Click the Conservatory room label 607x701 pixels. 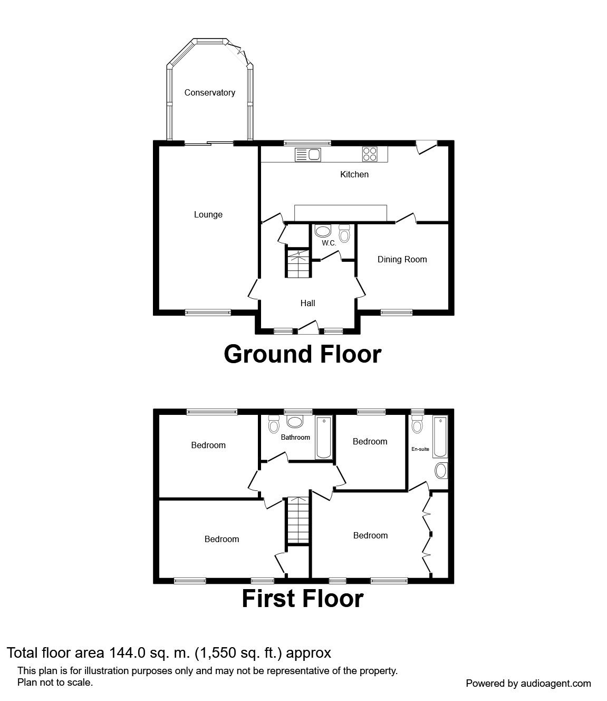[209, 93]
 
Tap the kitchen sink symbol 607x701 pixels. [307, 154]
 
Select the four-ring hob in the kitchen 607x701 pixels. [370, 154]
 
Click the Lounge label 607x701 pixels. [208, 215]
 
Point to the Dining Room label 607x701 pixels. [402, 260]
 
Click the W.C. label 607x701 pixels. [329, 243]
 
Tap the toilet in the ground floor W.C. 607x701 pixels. [344, 233]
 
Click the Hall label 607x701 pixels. [307, 303]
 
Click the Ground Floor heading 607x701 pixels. [302, 354]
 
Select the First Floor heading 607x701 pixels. [302, 599]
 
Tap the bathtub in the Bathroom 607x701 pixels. [323, 437]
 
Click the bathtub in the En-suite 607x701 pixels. [440, 437]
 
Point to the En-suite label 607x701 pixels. [420, 449]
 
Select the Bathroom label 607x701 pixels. [295, 437]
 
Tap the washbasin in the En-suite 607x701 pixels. [441, 470]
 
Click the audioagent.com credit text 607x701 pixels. [528, 683]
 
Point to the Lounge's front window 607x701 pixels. [208, 312]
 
